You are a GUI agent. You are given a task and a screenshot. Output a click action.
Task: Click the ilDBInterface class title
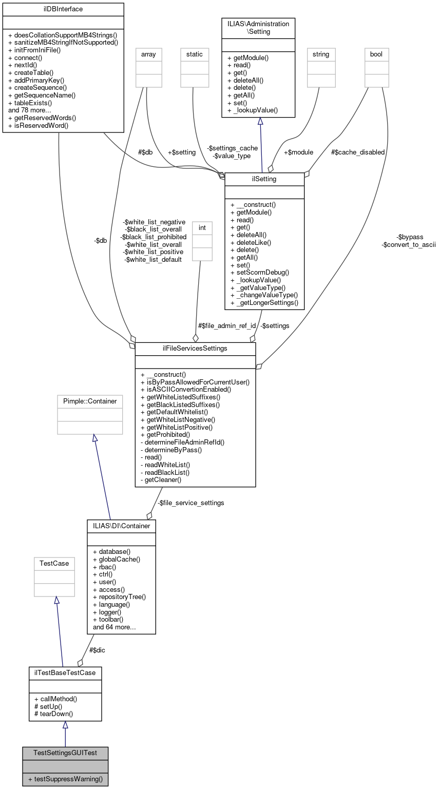[x=63, y=9]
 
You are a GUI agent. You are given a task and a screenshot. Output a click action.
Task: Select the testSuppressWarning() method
[x=65, y=779]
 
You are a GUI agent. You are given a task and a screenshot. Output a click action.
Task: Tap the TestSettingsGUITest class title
[x=65, y=753]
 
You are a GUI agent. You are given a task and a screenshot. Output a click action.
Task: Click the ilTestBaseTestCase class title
[x=65, y=672]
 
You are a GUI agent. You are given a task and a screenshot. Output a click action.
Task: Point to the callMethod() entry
[x=55, y=699]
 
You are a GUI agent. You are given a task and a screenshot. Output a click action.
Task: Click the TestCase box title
[x=54, y=563]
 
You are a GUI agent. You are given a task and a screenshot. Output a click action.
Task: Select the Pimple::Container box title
[x=90, y=401]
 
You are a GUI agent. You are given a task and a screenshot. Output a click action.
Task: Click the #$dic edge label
[x=98, y=650]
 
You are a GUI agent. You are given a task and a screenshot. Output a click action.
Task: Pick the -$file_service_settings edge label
[x=190, y=503]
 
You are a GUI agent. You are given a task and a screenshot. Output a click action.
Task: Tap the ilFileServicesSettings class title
[x=195, y=349]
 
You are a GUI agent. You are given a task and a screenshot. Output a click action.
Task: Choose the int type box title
[x=202, y=226]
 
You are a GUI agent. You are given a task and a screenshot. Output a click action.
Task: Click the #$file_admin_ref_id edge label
[x=226, y=325]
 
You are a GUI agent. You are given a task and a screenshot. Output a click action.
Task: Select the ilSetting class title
[x=264, y=179]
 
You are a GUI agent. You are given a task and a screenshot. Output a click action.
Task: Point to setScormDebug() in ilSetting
[x=260, y=272]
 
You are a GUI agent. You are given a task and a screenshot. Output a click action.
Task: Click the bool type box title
[x=376, y=54]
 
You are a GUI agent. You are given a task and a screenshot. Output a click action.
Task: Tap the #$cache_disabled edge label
[x=358, y=152]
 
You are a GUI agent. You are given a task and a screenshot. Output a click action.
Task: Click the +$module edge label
[x=298, y=152]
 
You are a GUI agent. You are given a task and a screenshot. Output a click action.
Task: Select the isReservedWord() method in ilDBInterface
[x=39, y=125]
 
